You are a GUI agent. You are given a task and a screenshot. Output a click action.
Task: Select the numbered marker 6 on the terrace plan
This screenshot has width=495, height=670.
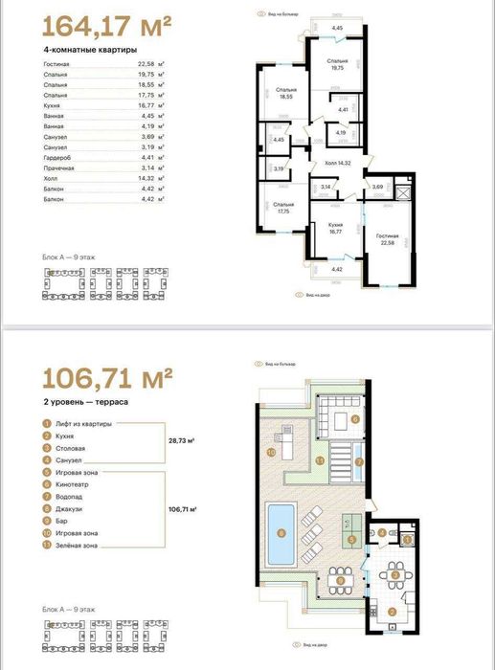[x=355, y=418]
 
